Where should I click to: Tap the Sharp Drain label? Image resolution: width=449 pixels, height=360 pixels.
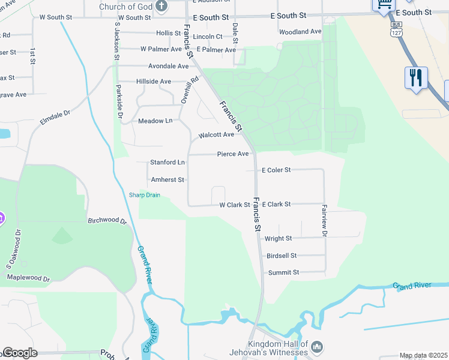pyautogui.click(x=145, y=195)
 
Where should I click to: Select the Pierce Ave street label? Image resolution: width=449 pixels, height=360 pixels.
pyautogui.click(x=233, y=154)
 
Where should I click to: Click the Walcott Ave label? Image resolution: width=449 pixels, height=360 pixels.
pyautogui.click(x=216, y=135)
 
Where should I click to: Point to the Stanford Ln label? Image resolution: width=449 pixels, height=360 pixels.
pyautogui.click(x=167, y=163)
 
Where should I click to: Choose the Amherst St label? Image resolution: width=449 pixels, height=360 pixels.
pyautogui.click(x=167, y=179)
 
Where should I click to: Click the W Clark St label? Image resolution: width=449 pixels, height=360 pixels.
pyautogui.click(x=234, y=205)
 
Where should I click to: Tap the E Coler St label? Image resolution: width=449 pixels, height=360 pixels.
pyautogui.click(x=276, y=170)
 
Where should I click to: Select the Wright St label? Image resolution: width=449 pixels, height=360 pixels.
pyautogui.click(x=278, y=238)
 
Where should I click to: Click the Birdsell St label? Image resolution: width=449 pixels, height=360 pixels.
pyautogui.click(x=282, y=256)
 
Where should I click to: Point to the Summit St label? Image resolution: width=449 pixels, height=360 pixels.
pyautogui.click(x=283, y=272)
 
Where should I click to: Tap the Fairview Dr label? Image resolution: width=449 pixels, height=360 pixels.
pyautogui.click(x=324, y=221)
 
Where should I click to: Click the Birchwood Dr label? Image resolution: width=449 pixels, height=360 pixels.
pyautogui.click(x=107, y=221)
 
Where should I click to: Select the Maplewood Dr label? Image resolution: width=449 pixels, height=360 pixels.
pyautogui.click(x=28, y=278)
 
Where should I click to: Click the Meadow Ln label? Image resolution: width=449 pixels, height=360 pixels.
pyautogui.click(x=155, y=121)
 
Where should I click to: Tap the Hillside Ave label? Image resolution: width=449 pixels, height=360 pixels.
pyautogui.click(x=154, y=82)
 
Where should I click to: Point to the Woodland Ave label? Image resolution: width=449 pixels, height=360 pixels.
pyautogui.click(x=300, y=31)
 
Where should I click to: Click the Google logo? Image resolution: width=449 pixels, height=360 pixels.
pyautogui.click(x=20, y=353)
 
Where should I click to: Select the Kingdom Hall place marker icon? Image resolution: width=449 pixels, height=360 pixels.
pyautogui.click(x=318, y=346)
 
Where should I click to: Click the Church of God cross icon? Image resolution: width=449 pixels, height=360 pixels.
pyautogui.click(x=161, y=7)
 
